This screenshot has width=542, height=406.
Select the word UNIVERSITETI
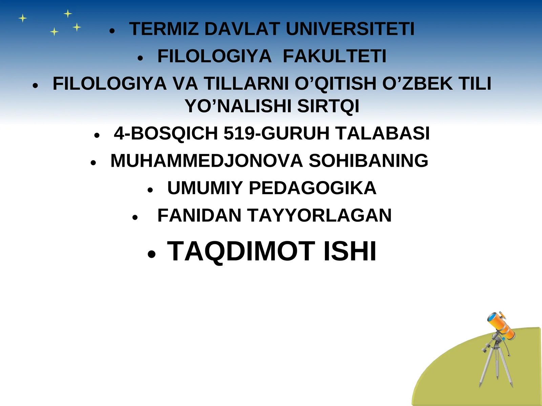coord(350,29)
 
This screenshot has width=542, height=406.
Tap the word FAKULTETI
coord(334,56)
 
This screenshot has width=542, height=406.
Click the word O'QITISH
coord(335,84)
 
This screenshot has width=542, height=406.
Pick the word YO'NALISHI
coord(238,106)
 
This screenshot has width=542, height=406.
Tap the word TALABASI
coord(383,133)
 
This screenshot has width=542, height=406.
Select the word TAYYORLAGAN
coord(319,216)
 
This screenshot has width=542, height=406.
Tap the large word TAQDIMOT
coord(241,251)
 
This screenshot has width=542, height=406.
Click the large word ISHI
coord(350,251)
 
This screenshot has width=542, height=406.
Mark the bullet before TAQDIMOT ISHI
coord(151,254)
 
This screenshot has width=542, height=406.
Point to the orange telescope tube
coord(501,325)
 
